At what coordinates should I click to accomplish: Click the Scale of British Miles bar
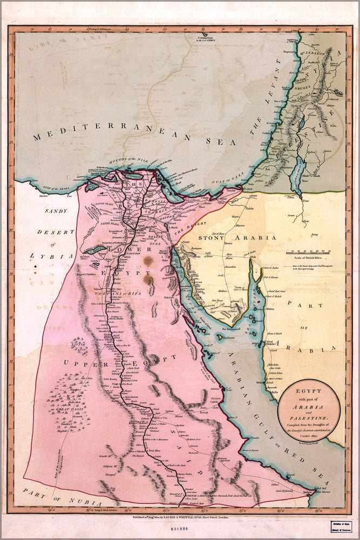313,252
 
